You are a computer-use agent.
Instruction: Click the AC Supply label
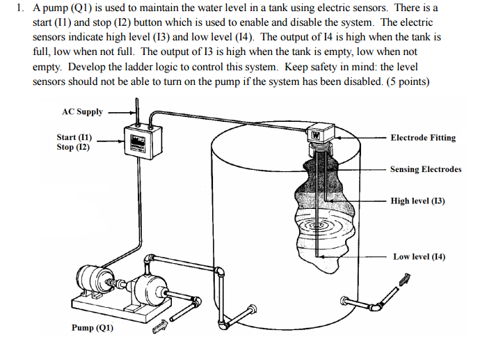[x=82, y=111]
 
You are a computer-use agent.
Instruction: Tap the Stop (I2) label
[x=73, y=148]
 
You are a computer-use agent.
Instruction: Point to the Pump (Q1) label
[x=92, y=328]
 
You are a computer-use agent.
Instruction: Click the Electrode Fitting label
[x=423, y=138]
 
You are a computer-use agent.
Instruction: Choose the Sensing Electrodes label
[x=425, y=169]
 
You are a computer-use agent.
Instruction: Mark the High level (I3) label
[x=417, y=201]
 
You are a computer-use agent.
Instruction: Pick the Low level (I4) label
[x=419, y=256]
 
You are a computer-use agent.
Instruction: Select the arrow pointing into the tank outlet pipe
[x=402, y=280]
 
